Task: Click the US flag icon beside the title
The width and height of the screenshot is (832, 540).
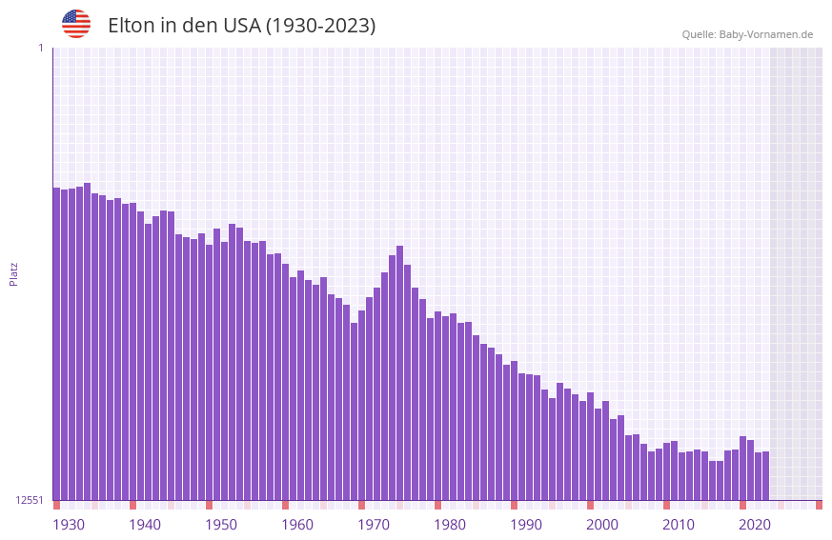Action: coord(76,24)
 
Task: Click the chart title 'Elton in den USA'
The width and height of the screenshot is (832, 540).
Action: coord(241,26)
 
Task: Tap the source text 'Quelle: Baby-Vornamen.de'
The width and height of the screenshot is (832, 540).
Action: coord(747,34)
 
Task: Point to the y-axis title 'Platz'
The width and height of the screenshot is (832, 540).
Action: coord(13,273)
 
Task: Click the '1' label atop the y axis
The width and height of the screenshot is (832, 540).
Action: coord(40,48)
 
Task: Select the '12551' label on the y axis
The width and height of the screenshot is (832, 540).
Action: coord(30,500)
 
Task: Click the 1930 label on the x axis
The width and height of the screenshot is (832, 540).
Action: coord(69,525)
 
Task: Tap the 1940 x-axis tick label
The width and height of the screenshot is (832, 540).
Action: coord(145,525)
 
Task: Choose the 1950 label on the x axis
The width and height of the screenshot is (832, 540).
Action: coord(221,525)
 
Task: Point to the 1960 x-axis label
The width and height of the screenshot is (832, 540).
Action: coord(297,525)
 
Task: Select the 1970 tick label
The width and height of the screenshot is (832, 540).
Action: coord(374,525)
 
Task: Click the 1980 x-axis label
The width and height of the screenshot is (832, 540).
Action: coord(450,525)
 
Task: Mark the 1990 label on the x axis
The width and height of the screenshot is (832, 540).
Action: coord(526,525)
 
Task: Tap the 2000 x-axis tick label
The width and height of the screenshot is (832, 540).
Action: coord(602,525)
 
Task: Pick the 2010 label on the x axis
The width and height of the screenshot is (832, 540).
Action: coord(679,525)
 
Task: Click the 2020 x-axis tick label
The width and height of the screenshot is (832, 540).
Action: coord(755,525)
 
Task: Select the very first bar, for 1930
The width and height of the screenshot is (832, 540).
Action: coord(56,343)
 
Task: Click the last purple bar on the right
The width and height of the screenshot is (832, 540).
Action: coord(765,475)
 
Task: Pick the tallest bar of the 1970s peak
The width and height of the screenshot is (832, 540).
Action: coord(399,371)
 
